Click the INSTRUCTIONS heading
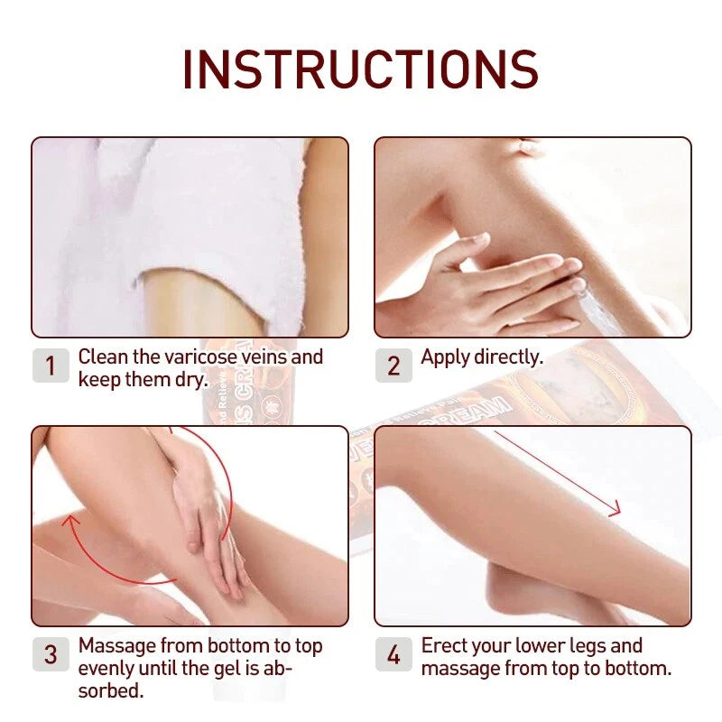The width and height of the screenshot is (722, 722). coord(361,69)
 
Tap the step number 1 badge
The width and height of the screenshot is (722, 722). coord(51,366)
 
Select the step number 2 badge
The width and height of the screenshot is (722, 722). coord(393,366)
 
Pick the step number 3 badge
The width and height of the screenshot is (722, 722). coord(51,654)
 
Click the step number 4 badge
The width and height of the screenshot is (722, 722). coord(393,654)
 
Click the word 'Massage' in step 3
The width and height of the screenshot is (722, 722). coord(116,646)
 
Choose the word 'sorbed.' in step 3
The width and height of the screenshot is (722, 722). coord(111,690)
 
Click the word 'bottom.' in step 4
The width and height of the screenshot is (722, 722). coord(635,669)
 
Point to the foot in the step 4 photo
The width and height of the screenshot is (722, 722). coord(541,587)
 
